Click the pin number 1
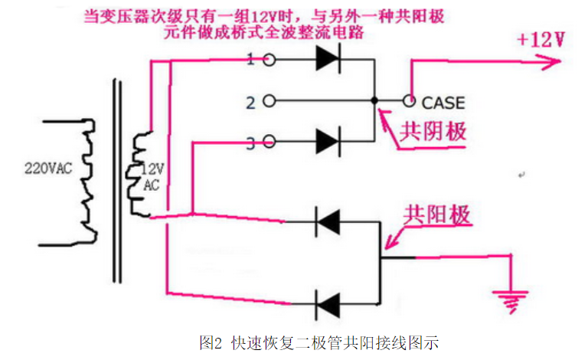click(250, 59)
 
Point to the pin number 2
click(250, 100)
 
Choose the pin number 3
click(250, 141)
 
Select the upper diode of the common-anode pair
click(328, 223)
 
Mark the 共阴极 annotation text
click(433, 132)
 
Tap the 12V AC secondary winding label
click(152, 178)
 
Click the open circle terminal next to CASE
click(410, 100)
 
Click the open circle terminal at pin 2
click(269, 100)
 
